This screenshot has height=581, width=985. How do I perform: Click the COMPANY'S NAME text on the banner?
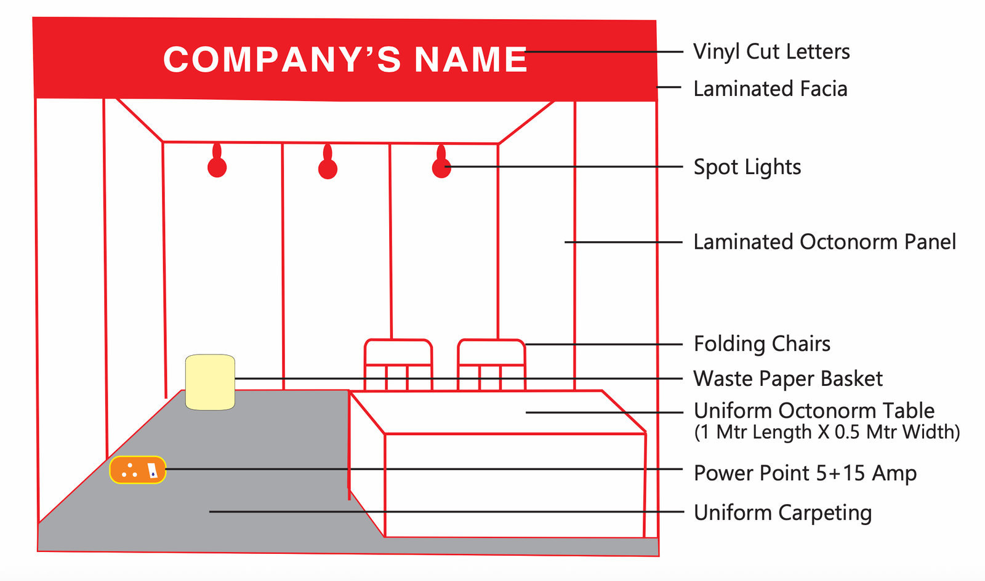pos(345,60)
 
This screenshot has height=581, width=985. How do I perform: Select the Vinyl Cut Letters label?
pos(771,52)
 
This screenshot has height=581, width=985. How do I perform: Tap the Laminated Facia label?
pos(770,89)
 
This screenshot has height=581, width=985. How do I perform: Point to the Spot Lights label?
pos(747,167)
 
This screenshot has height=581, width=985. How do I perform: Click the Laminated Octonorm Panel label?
pos(824,242)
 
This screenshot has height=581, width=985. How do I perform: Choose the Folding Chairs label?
pos(762,343)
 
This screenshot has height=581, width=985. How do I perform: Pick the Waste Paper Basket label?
pos(788,379)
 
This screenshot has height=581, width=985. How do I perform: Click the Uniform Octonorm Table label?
pos(814,411)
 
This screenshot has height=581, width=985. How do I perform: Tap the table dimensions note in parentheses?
pos(827,432)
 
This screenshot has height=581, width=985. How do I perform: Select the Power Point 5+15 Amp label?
pos(805,473)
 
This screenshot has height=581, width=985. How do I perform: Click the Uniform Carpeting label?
pos(782,512)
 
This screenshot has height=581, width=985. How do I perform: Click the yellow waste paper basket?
pos(210,382)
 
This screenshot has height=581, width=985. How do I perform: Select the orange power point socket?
pos(138,470)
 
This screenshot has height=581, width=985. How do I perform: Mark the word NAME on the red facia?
pos(471,60)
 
